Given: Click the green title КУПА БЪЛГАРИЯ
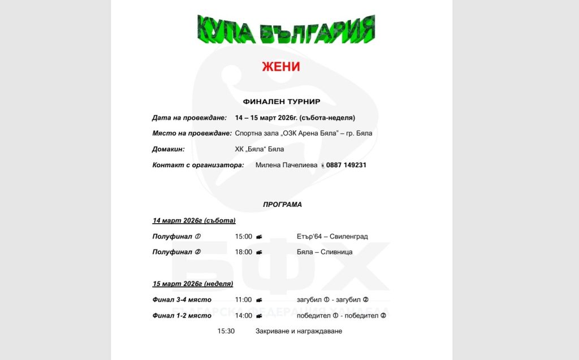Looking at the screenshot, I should (x=286, y=30).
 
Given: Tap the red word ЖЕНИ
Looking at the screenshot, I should (x=281, y=67).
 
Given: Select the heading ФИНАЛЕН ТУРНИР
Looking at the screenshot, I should (x=282, y=102).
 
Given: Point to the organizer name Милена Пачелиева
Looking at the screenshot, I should (x=284, y=165).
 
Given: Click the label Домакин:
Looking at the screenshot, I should (x=168, y=149).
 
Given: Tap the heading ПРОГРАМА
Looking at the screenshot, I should (x=282, y=205).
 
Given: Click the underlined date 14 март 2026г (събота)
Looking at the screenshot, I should (x=194, y=220).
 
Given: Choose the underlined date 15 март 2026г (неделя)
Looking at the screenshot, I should (x=193, y=284).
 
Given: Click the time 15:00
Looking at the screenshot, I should (x=244, y=236).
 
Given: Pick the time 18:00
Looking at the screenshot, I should (x=244, y=252).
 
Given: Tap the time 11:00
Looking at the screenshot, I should (x=244, y=300).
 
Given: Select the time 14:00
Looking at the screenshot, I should (x=244, y=315).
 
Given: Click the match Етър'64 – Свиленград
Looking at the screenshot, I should (x=332, y=236).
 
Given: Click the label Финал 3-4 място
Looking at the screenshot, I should (x=182, y=300).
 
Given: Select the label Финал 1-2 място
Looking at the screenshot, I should (x=182, y=315).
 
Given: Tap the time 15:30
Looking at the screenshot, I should (x=226, y=331).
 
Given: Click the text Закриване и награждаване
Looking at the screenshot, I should (x=299, y=331).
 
